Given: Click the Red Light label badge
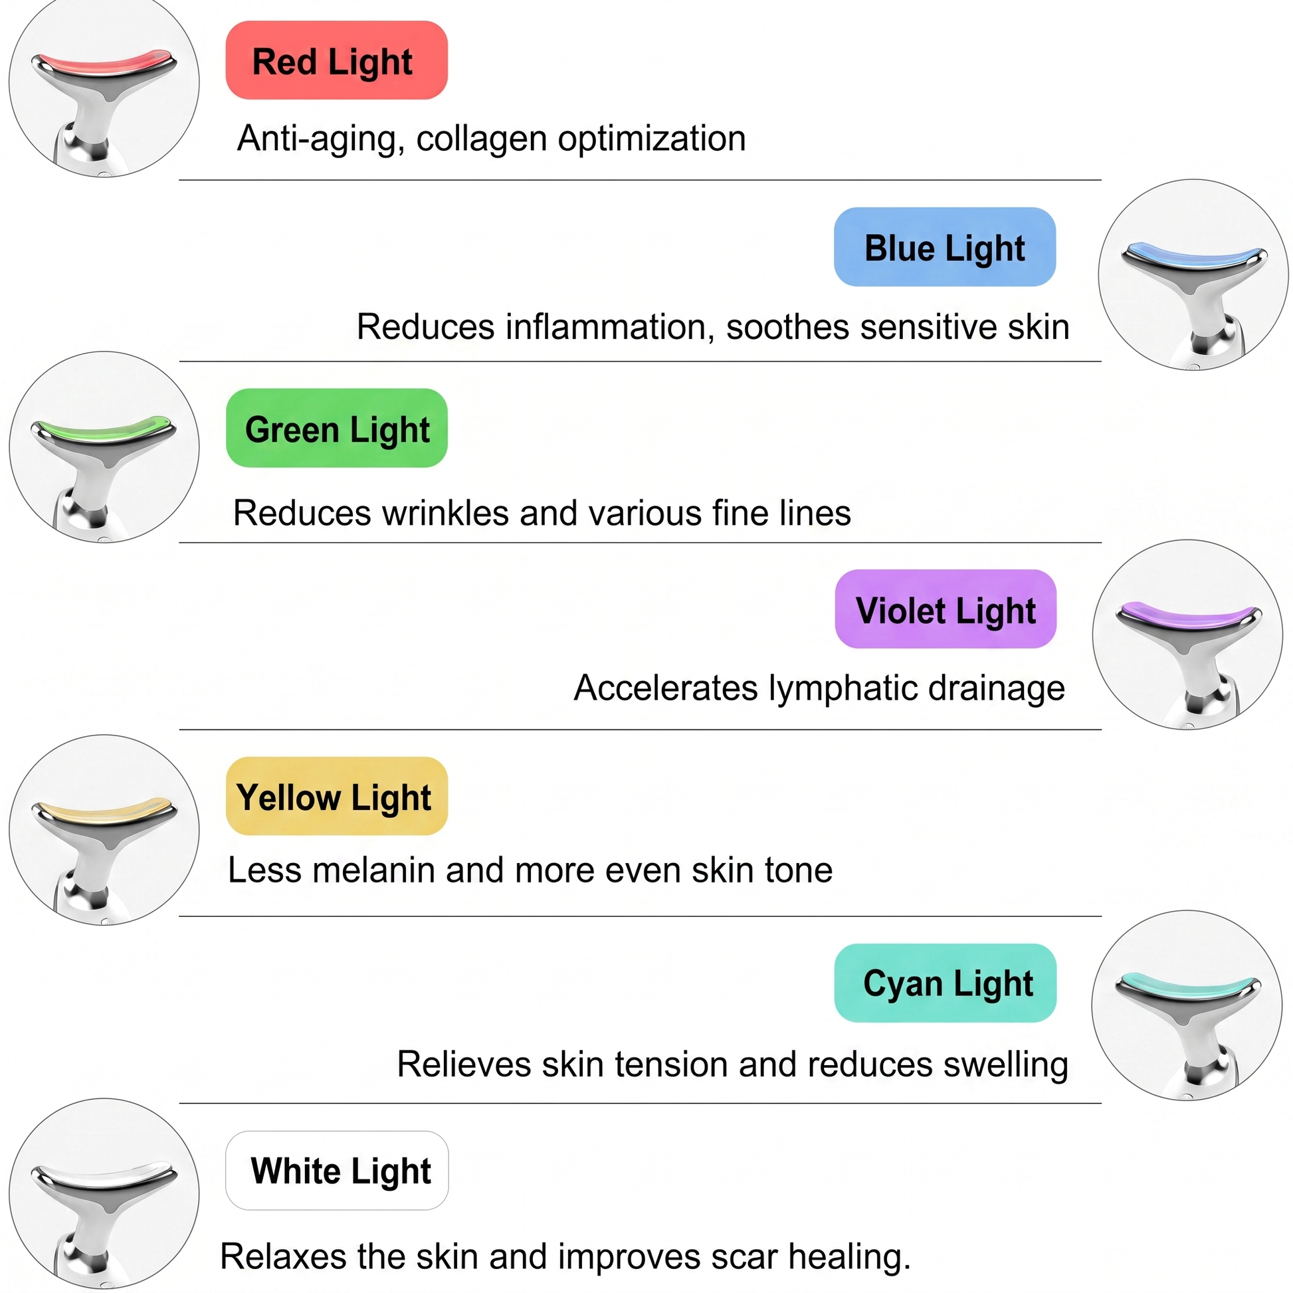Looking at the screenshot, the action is tap(337, 60).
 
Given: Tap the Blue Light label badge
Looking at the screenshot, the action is tap(945, 247).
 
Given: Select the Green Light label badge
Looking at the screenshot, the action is tap(337, 429).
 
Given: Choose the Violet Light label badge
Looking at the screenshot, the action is tap(945, 609).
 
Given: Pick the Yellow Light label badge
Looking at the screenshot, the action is tap(337, 797).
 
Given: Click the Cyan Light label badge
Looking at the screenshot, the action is tap(945, 983).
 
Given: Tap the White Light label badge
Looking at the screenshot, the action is tap(337, 1171).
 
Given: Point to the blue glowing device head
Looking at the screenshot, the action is tap(1194, 256).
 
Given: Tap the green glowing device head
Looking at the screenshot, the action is tap(104, 431).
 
